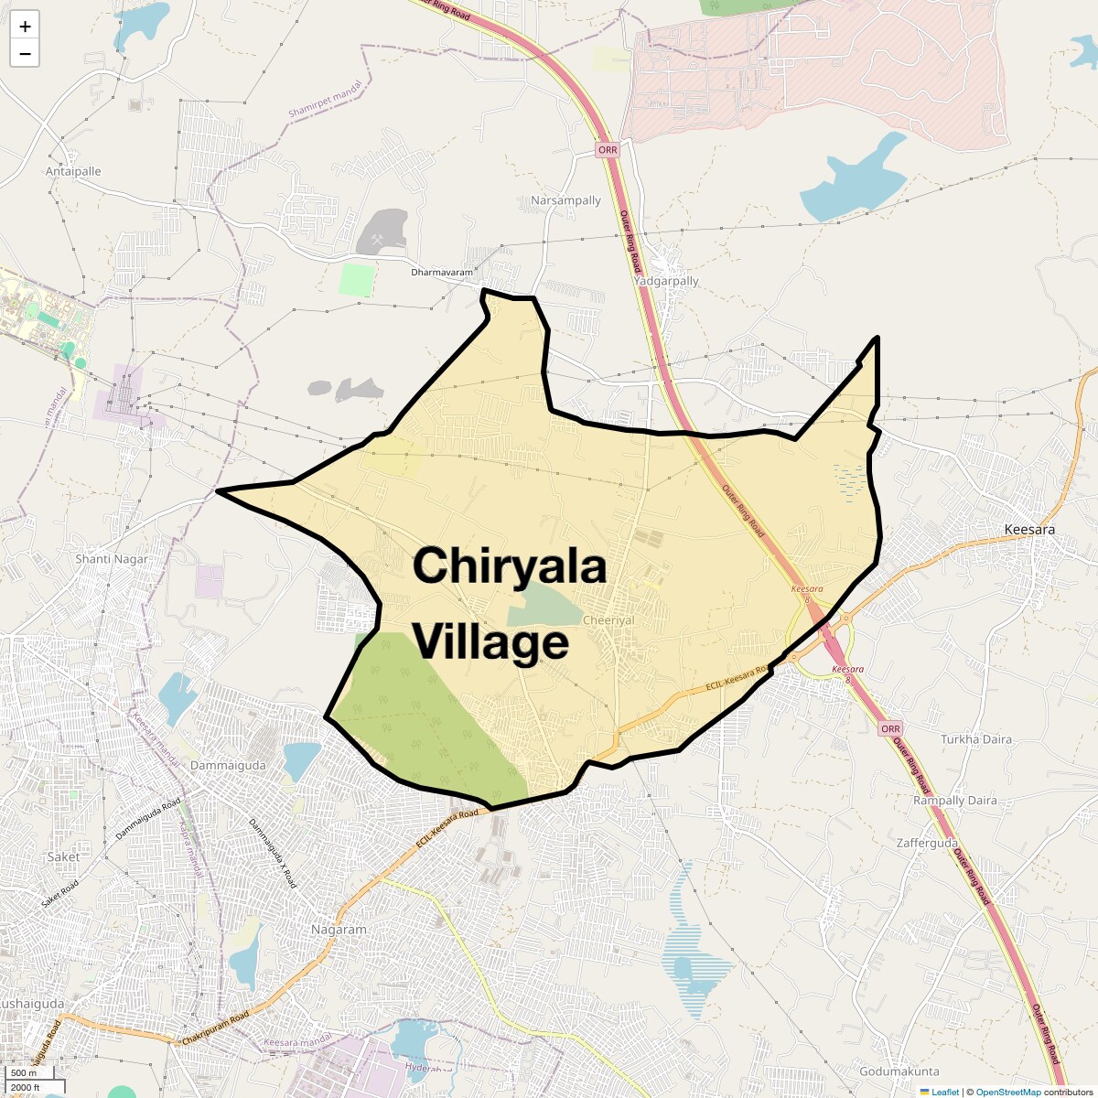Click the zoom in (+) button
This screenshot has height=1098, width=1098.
pyautogui.click(x=25, y=27)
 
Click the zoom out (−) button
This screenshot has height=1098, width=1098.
pyautogui.click(x=25, y=54)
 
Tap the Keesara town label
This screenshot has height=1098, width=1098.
pyautogui.click(x=1029, y=530)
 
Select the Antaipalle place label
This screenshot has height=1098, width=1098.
pyautogui.click(x=73, y=171)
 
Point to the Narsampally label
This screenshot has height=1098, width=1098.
pyautogui.click(x=565, y=200)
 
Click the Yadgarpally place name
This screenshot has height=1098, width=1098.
pyautogui.click(x=666, y=281)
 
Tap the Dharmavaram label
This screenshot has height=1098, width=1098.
pyautogui.click(x=442, y=273)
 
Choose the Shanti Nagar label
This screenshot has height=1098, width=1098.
pyautogui.click(x=112, y=559)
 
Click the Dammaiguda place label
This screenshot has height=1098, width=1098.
pyautogui.click(x=228, y=765)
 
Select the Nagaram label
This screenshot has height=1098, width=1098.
pyautogui.click(x=339, y=930)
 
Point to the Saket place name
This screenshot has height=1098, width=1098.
pyautogui.click(x=63, y=857)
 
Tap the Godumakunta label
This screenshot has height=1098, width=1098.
pyautogui.click(x=899, y=1071)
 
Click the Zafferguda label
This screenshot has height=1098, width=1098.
pyautogui.click(x=927, y=843)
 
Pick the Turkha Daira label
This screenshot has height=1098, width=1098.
pyautogui.click(x=976, y=739)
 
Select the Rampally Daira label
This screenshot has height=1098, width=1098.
pyautogui.click(x=955, y=801)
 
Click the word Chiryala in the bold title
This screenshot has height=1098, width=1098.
pyautogui.click(x=510, y=565)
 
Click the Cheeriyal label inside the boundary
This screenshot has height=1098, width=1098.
pyautogui.click(x=608, y=620)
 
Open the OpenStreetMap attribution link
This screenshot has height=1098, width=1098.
pyautogui.click(x=1008, y=1092)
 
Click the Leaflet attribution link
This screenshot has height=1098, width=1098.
pyautogui.click(x=945, y=1092)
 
